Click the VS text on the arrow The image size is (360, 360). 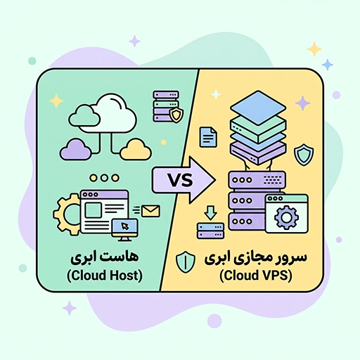[180, 180]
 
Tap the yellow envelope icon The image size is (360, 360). [150, 211]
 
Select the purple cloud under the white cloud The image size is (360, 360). [75, 149]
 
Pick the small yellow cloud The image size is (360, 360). [136, 149]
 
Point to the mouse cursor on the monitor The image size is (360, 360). [124, 226]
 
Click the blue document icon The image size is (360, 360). [208, 137]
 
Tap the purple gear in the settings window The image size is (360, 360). [286, 217]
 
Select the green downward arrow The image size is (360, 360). [210, 213]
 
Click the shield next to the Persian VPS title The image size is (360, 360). [186, 263]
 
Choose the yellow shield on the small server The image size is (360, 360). [176, 115]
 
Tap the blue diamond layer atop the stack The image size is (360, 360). [258, 108]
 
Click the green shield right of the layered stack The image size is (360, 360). [304, 155]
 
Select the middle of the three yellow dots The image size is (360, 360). [104, 178]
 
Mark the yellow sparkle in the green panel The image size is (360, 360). [56, 101]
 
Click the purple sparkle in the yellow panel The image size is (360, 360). [302, 103]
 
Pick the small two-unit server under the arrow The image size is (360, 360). [211, 231]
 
